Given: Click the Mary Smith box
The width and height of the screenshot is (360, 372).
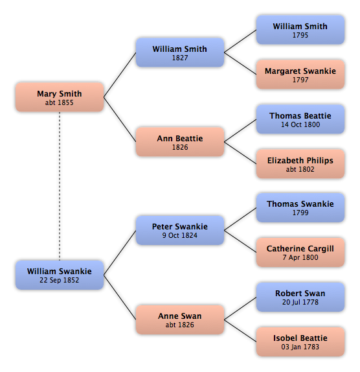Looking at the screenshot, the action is pyautogui.click(x=60, y=97).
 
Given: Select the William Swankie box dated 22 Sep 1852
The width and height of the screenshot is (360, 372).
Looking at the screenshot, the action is pyautogui.click(x=60, y=275).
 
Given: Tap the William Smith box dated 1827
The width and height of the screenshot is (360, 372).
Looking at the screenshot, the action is pyautogui.click(x=180, y=52).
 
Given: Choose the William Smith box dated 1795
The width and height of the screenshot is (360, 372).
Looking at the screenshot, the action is pyautogui.click(x=300, y=30).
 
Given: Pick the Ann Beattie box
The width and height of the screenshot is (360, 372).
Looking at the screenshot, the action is pyautogui.click(x=180, y=142).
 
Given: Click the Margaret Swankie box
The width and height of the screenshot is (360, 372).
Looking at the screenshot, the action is pyautogui.click(x=300, y=75).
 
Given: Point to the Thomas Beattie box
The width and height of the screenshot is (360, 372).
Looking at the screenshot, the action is pyautogui.click(x=300, y=119).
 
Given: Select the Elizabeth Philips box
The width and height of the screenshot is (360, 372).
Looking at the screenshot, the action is pyautogui.click(x=300, y=164).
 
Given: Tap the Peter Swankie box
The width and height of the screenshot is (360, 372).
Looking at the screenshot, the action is pyautogui.click(x=180, y=230).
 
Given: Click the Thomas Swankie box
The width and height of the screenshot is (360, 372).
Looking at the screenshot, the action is pyautogui.click(x=300, y=208).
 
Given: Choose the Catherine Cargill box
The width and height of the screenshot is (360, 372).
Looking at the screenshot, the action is pyautogui.click(x=300, y=253).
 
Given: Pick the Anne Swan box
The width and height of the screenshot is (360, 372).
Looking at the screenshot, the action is pyautogui.click(x=180, y=320).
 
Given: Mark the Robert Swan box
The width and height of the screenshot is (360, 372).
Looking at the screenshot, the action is pyautogui.click(x=300, y=297).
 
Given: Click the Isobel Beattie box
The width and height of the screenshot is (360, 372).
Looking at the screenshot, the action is pyautogui.click(x=300, y=342).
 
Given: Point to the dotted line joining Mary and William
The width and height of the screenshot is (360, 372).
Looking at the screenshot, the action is pyautogui.click(x=60, y=186).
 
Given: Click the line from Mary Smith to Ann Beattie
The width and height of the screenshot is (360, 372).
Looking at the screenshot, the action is pyautogui.click(x=120, y=119).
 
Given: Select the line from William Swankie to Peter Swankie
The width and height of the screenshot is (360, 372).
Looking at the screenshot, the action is pyautogui.click(x=120, y=253).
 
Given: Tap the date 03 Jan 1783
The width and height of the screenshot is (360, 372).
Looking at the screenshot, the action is pyautogui.click(x=300, y=347).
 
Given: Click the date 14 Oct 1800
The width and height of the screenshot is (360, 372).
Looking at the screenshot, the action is pyautogui.click(x=300, y=124).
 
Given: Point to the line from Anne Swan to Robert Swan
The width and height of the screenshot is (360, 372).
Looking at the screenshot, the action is pyautogui.click(x=240, y=308).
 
